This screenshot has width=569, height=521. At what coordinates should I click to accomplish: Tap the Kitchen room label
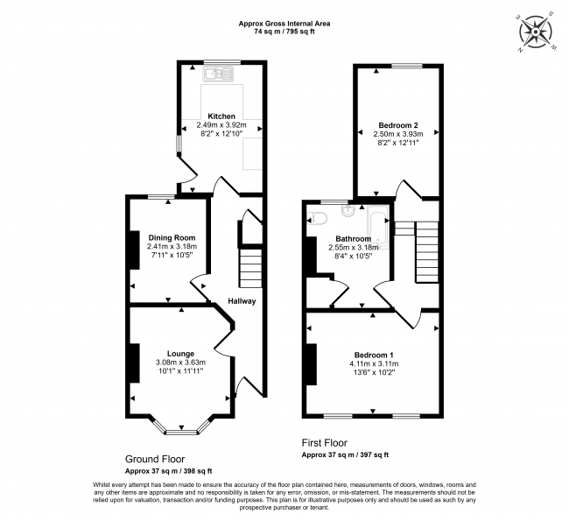coord(221,116)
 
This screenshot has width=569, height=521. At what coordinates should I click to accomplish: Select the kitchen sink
coord(219,75)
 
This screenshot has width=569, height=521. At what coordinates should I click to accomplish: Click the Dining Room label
coord(172,237)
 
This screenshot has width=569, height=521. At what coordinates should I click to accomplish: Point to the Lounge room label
coord(180,353)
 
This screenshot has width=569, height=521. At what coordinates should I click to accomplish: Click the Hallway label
coord(242,301)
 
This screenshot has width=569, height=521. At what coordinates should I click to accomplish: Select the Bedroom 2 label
coord(397,124)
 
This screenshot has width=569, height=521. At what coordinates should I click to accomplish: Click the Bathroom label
coord(354,238)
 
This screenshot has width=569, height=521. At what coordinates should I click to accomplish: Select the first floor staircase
coord(426,250)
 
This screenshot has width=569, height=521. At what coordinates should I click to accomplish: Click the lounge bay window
coord(181,429)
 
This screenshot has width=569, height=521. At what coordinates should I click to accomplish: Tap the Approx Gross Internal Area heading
coord(283,25)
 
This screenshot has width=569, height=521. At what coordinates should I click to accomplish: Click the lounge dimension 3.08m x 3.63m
coord(181,363)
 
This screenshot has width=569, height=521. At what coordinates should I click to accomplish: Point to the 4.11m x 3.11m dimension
coord(374,363)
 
